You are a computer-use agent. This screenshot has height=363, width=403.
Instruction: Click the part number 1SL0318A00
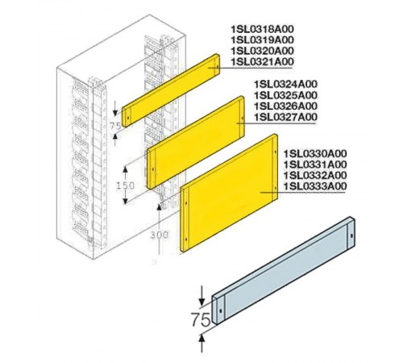pos(263,29)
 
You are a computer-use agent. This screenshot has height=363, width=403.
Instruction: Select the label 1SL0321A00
pos(263,62)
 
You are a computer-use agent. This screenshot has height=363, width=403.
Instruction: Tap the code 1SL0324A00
pos(285,84)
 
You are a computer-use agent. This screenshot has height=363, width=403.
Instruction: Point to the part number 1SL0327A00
pos(285,117)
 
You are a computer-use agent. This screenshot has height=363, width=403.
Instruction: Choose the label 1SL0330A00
pos(315,153)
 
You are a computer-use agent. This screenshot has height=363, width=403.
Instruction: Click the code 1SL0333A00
pos(315,186)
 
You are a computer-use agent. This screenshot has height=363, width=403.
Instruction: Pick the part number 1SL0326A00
pos(285,106)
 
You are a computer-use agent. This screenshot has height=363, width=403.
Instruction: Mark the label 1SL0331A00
pos(315,165)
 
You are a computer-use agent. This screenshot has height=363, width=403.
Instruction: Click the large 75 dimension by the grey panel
pos(201,319)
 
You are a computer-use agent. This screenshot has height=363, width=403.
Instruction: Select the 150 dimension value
pos(126,186)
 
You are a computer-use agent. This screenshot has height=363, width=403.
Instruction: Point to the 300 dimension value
pos(160,235)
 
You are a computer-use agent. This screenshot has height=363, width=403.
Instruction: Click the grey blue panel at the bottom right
pos(284,269)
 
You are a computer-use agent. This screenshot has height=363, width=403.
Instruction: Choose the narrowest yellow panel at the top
pos(171,90)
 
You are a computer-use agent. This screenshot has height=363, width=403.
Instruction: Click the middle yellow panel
pos(196,142)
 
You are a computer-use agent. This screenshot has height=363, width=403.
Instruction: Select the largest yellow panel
pos(229,193)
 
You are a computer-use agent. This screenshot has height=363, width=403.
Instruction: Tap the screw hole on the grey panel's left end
pos(220,311)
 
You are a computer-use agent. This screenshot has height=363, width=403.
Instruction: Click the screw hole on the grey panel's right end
pos(351,236)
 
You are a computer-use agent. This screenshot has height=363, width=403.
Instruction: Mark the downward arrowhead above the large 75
pos(202,301)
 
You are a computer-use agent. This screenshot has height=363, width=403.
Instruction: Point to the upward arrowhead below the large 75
pos(202,339)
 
